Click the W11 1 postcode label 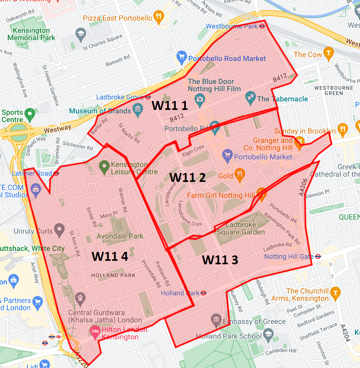tap(170, 106)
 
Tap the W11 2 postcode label tap(187, 177)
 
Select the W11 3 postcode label tap(220, 260)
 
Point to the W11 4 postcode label tap(110, 256)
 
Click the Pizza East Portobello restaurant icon tap(158, 16)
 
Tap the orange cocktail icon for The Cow tap(328, 54)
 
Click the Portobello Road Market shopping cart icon tap(181, 58)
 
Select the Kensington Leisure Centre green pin tap(104, 167)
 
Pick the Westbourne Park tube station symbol tap(262, 26)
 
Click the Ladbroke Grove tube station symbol tap(148, 97)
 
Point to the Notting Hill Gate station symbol tap(318, 257)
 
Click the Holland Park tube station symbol tap(204, 293)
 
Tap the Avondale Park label tap(120, 236)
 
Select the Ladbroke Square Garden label tap(240, 228)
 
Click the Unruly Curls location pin tap(59, 229)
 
